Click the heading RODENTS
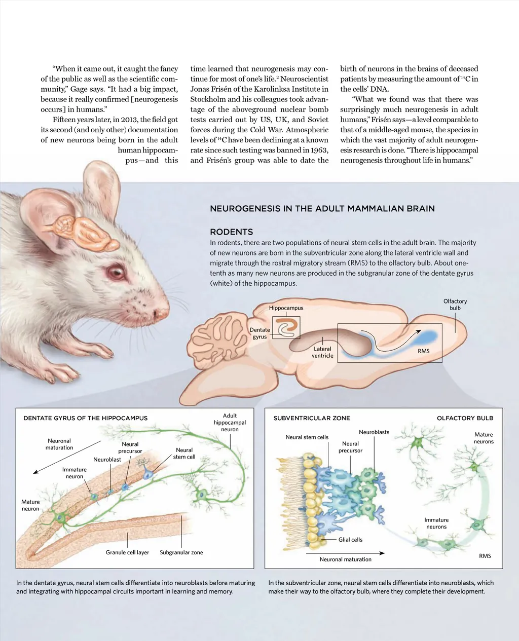coord(231,232)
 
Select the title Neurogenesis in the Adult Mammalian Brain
coord(322,209)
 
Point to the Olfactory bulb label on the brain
coord(455,304)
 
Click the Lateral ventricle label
coord(322,352)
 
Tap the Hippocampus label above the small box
coord(286,308)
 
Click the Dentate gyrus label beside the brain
coord(259,333)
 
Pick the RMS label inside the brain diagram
coord(424,351)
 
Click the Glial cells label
coord(350,540)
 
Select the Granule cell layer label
coord(127,552)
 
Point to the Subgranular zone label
coord(181,552)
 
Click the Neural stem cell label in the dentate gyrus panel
coord(184,453)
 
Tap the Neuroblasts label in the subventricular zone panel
coord(374,432)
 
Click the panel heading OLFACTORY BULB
coord(465,418)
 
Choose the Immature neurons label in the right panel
coord(436,523)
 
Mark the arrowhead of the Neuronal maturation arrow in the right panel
coord(382,553)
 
